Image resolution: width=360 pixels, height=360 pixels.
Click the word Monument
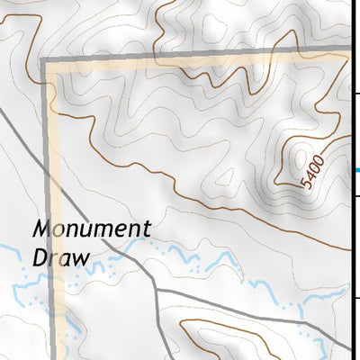coord(91,229)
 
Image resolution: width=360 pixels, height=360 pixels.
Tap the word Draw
coord(61,256)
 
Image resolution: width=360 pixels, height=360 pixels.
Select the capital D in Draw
coord(40,256)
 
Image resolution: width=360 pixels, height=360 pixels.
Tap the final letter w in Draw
coord(82,257)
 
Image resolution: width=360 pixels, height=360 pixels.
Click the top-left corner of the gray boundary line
coord(43,59)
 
